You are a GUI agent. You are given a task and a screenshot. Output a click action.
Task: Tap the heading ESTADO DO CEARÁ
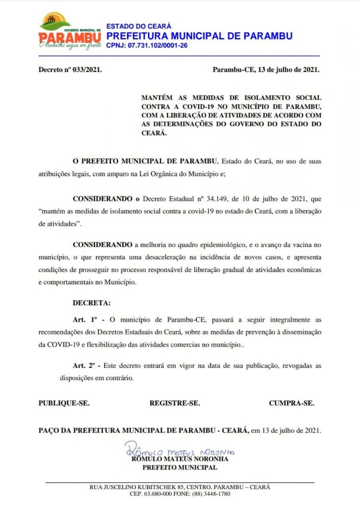point(139,26)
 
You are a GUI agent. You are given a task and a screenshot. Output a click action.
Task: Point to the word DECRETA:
point(91,303)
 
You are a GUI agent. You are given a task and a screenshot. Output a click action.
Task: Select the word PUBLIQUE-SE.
point(64,403)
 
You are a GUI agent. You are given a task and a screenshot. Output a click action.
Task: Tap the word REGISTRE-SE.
point(174,403)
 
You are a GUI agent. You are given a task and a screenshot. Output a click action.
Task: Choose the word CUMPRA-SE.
point(292,403)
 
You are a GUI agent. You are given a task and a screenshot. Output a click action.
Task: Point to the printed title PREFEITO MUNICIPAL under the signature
point(180,467)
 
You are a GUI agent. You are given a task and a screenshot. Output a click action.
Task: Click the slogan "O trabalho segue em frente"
point(70,45)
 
